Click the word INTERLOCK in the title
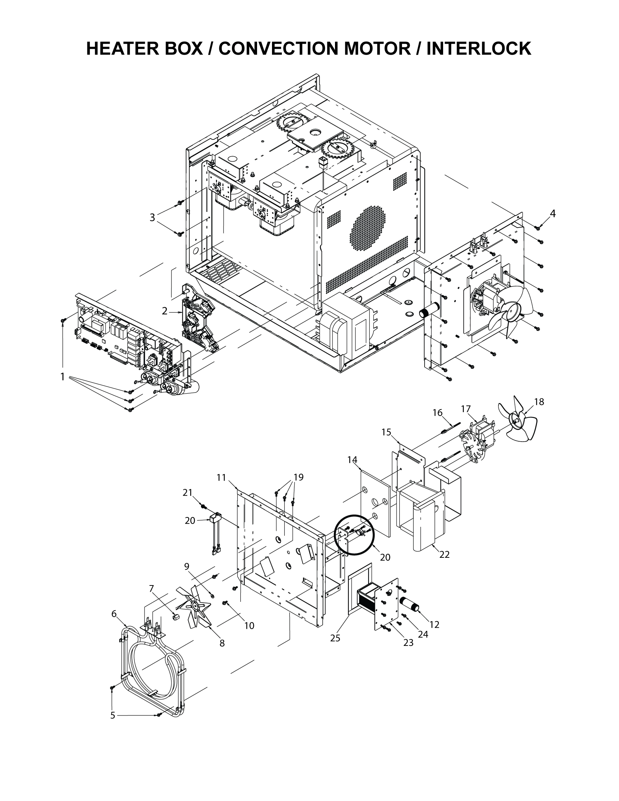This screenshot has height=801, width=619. pyautogui.click(x=478, y=49)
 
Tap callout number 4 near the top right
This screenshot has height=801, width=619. pyautogui.click(x=552, y=213)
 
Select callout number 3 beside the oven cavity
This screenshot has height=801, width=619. pyautogui.click(x=152, y=217)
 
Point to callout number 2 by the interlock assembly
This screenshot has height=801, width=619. pyautogui.click(x=165, y=311)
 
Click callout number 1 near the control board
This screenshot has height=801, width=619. pyautogui.click(x=63, y=377)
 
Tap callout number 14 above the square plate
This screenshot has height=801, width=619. pyautogui.click(x=352, y=459)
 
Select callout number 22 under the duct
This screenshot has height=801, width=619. pyautogui.click(x=445, y=565)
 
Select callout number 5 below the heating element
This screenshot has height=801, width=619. pyautogui.click(x=113, y=715)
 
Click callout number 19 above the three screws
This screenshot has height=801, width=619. pyautogui.click(x=299, y=477)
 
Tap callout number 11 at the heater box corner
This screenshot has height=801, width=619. pyautogui.click(x=221, y=477)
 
